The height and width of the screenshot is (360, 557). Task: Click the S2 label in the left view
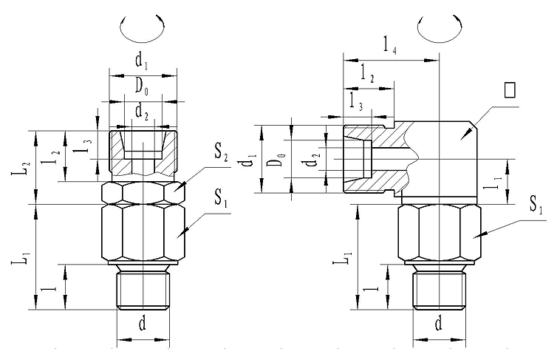pyautogui.click(x=222, y=154)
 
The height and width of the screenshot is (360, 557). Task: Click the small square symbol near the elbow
pyautogui.click(x=508, y=90)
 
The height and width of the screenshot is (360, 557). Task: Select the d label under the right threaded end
pyautogui.click(x=439, y=323)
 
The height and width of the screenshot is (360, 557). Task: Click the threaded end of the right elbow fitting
pyautogui.click(x=439, y=291)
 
